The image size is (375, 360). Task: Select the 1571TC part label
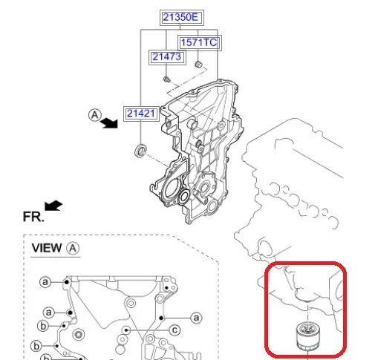tap(200, 42)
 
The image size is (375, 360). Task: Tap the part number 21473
tap(167, 57)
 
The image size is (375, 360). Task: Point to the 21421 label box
tap(141, 114)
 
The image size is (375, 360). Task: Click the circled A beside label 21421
tap(95, 115)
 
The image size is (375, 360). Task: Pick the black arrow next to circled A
tap(110, 122)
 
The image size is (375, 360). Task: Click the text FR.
tap(33, 217)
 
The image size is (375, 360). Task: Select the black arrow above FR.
tap(53, 206)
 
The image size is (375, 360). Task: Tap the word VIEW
tap(47, 248)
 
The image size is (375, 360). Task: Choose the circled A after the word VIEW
tap(73, 248)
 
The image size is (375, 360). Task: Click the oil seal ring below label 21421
tap(140, 151)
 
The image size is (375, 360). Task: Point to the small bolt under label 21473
tap(166, 79)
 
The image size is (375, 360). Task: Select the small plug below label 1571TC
tap(198, 65)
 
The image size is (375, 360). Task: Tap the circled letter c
tap(175, 330)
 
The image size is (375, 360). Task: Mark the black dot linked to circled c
tap(126, 330)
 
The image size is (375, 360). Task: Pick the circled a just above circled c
tap(196, 318)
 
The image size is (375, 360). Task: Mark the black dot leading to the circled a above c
tap(161, 318)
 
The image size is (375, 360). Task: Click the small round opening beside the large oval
tap(184, 197)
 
